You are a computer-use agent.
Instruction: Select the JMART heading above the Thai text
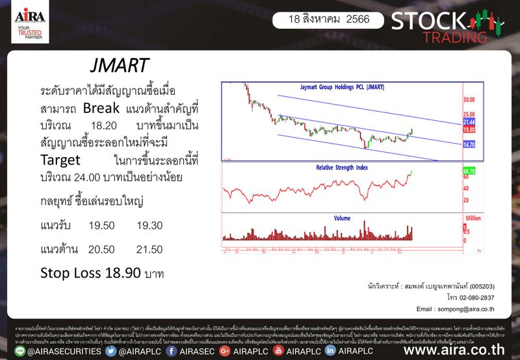(119, 66)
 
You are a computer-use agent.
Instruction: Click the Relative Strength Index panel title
(341, 168)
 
